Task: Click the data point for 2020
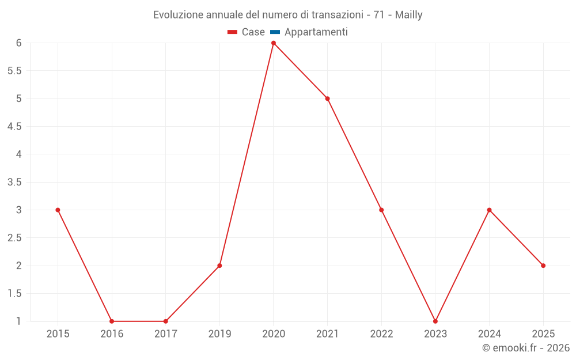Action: [274, 43]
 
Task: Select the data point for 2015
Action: [58, 210]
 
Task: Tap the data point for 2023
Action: [435, 321]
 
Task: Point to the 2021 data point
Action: [327, 98]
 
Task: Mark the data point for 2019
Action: [219, 266]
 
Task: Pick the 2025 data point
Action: [543, 266]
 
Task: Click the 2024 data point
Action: [489, 210]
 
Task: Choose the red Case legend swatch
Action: [232, 32]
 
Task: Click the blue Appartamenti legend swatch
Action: [275, 32]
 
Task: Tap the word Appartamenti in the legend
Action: [316, 32]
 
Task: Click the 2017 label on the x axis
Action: [165, 334]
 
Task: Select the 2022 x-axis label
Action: [381, 334]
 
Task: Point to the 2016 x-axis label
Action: [112, 334]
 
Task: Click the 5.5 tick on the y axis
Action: [14, 71]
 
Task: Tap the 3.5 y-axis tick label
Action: [14, 182]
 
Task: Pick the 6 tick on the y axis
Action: [19, 43]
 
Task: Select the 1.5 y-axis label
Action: [14, 293]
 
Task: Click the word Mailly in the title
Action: [408, 15]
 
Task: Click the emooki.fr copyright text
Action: [526, 348]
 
